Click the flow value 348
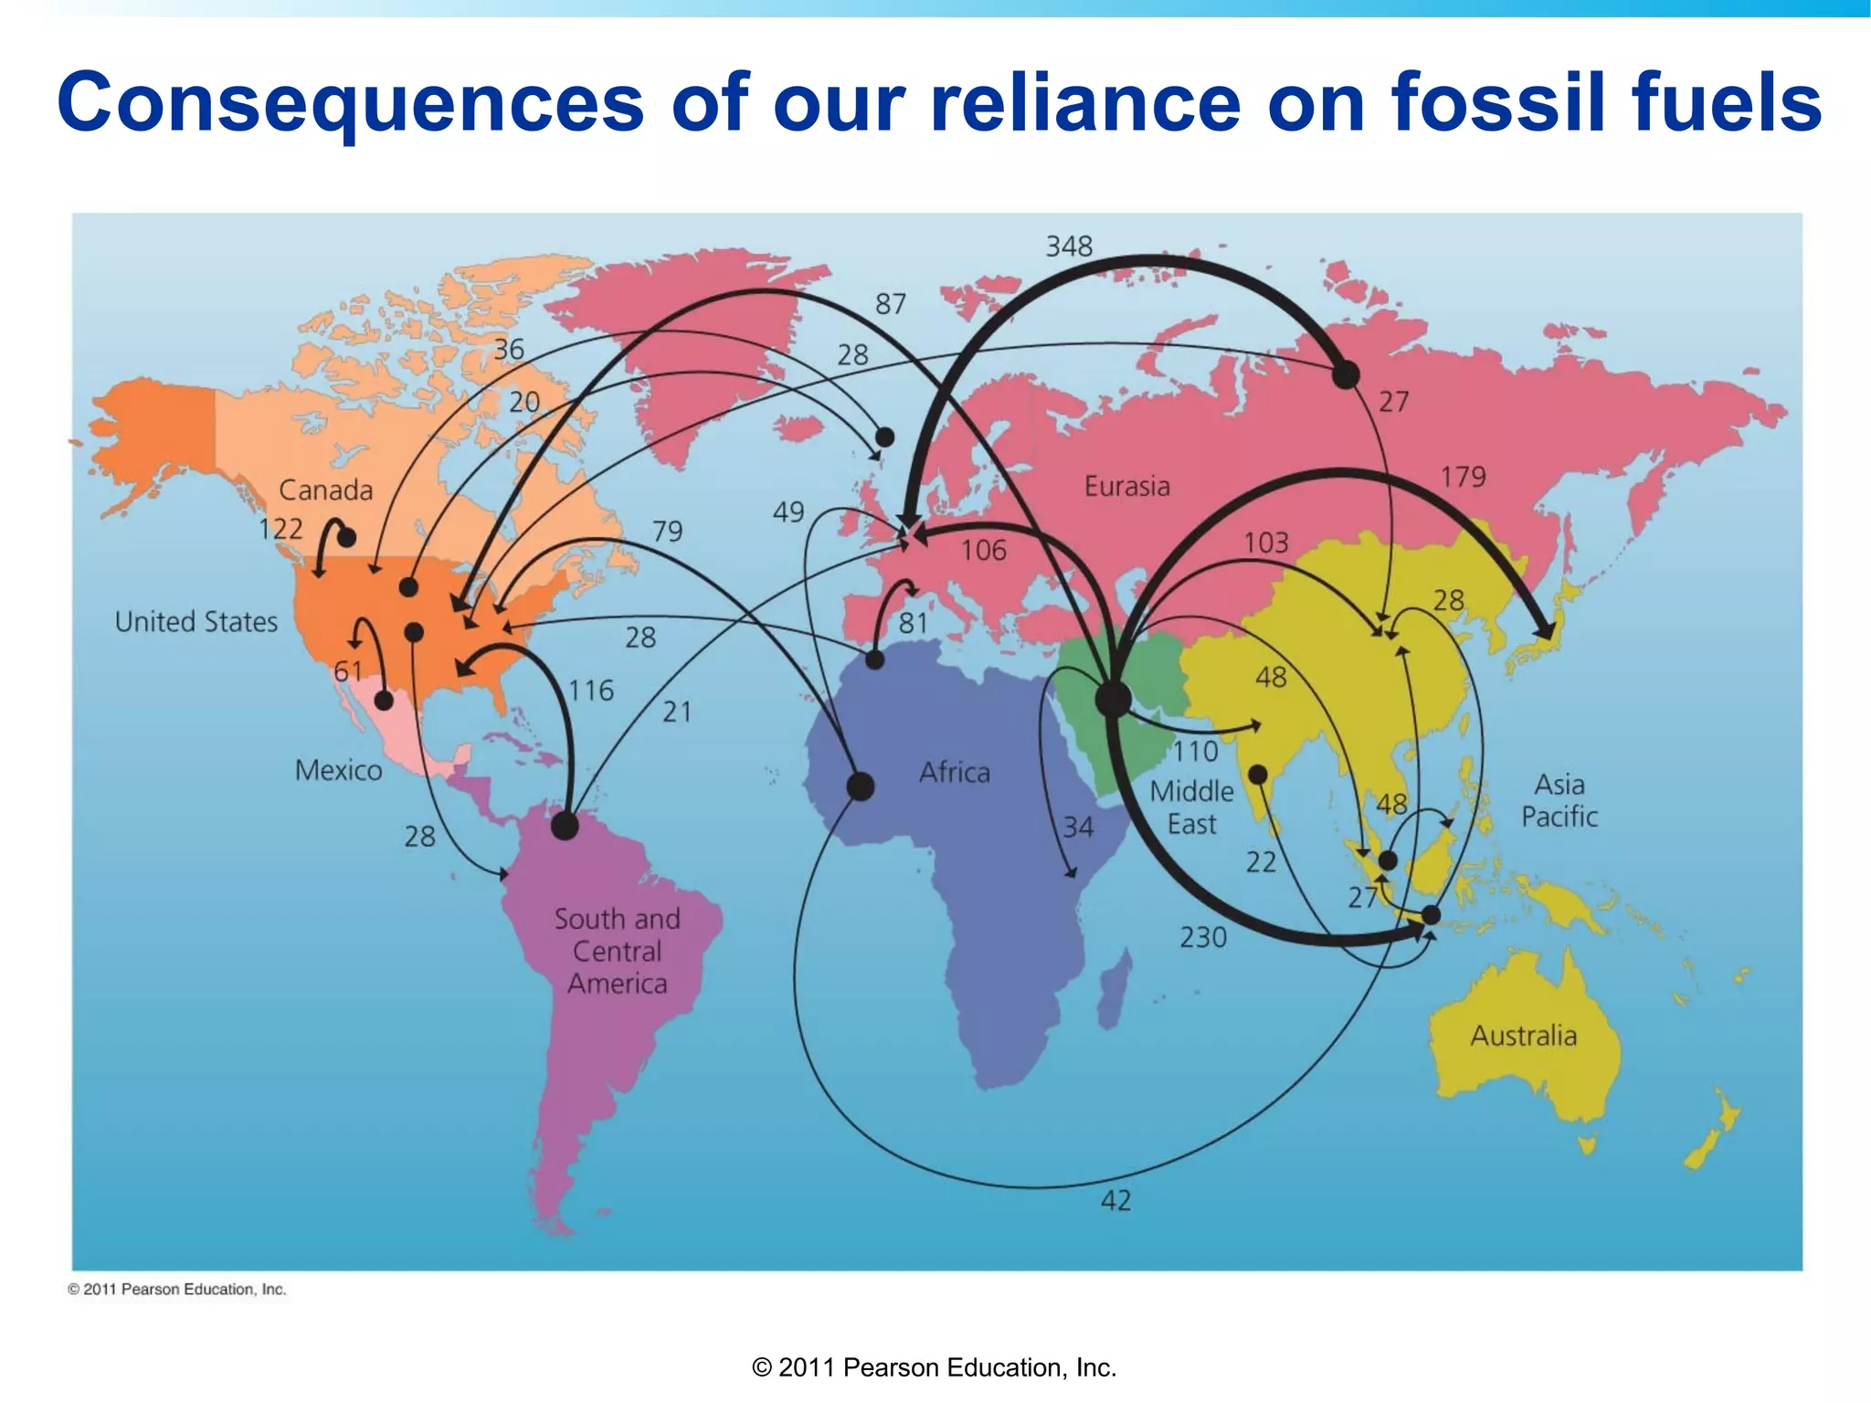1069,247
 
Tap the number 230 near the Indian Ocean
1202,937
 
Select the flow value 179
1463,477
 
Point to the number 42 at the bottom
1115,1200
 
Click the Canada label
325,491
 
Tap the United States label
196,622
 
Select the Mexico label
338,771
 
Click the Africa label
954,773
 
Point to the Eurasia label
1126,486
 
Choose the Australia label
1523,1036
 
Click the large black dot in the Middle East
1113,700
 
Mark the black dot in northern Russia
1346,374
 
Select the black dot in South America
566,827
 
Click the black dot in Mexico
385,701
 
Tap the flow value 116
591,691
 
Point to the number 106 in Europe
983,551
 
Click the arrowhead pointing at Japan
1546,630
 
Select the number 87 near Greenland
891,304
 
